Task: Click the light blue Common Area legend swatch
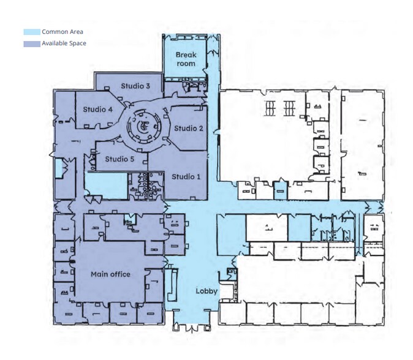tap(31, 32)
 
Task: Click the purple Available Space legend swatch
tap(31, 44)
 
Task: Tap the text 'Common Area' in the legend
tap(63, 32)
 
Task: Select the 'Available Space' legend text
tap(64, 44)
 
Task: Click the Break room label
tap(186, 59)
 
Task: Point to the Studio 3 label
tap(135, 86)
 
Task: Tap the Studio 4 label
tap(97, 110)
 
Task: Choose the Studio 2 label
tap(188, 128)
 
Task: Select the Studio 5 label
tap(119, 159)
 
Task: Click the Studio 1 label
tap(186, 177)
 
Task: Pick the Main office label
tap(110, 274)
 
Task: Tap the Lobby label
tap(206, 291)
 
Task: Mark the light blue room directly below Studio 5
tap(105, 184)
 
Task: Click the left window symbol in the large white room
tap(270, 108)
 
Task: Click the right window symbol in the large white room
tap(289, 108)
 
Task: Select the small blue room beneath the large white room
tap(280, 190)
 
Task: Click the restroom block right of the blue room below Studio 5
tap(146, 186)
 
